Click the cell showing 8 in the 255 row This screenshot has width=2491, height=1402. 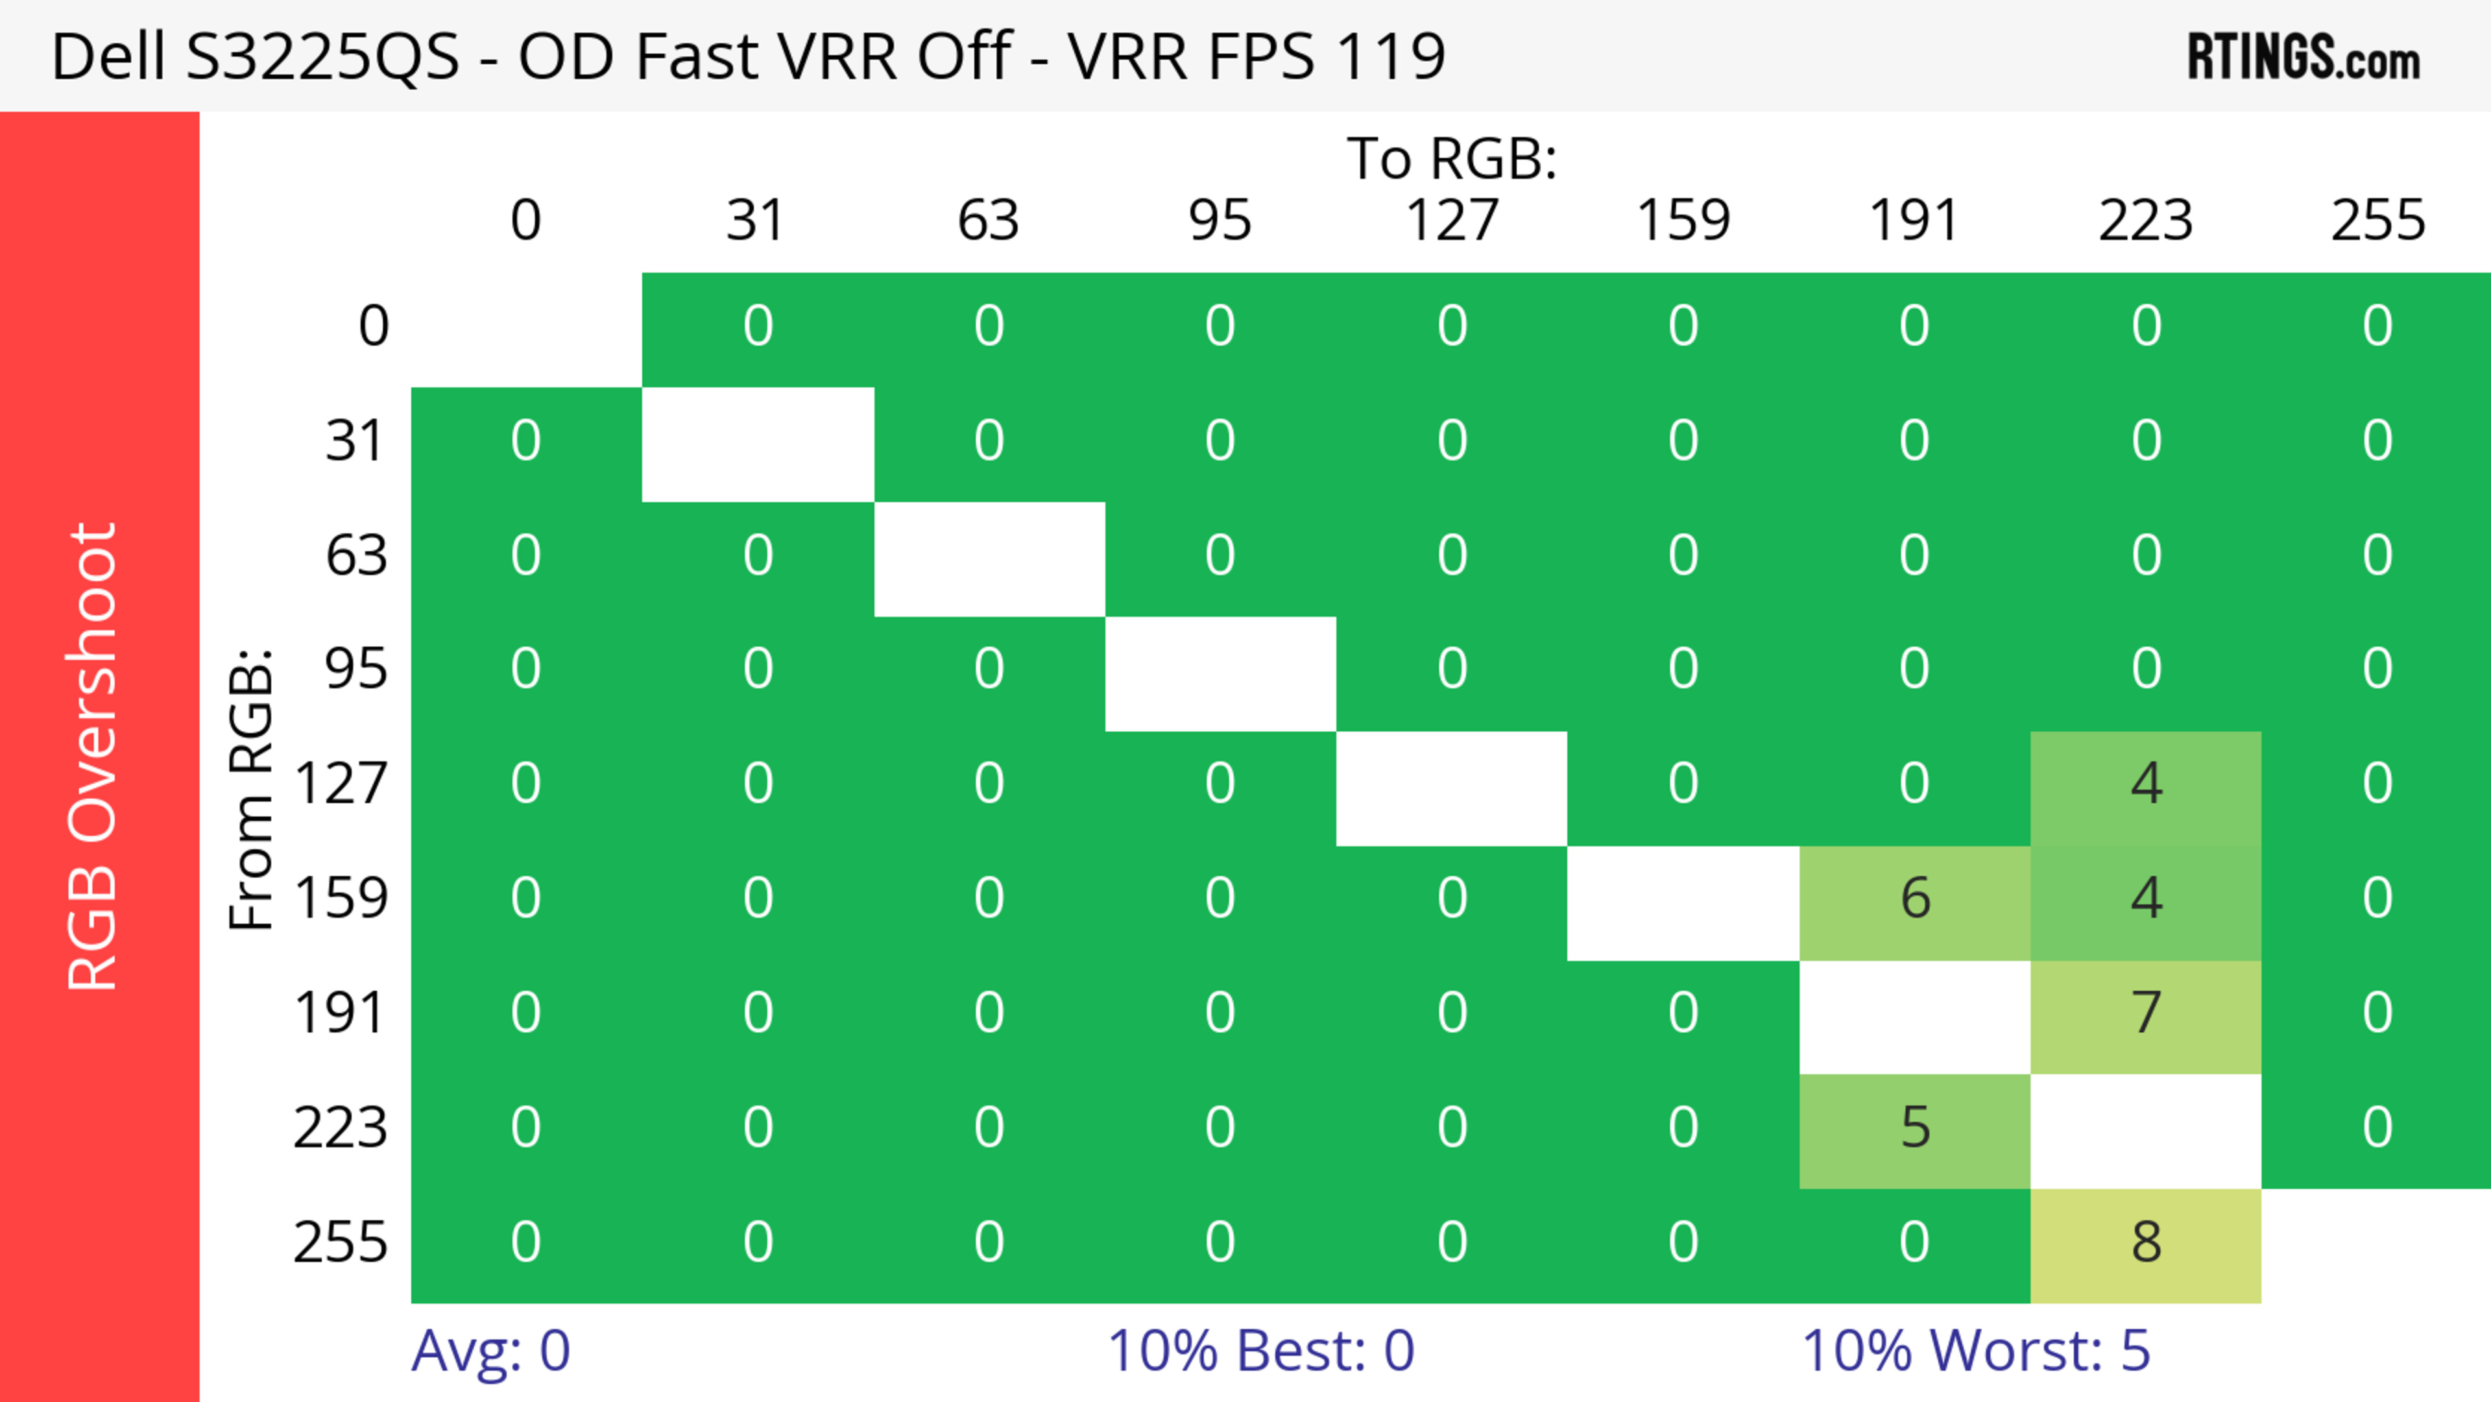(2146, 1244)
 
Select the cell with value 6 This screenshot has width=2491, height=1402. (1915, 899)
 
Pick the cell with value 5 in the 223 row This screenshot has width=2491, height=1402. (1915, 1128)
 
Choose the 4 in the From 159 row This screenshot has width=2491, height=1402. (2146, 899)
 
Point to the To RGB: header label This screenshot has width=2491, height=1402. (1452, 158)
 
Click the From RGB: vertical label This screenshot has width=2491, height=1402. (252, 789)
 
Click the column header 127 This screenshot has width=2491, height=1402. (1452, 221)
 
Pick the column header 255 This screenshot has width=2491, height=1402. (2378, 221)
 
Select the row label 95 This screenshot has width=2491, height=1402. (356, 669)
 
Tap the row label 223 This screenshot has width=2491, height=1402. (341, 1128)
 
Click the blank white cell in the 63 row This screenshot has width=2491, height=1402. (989, 559)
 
